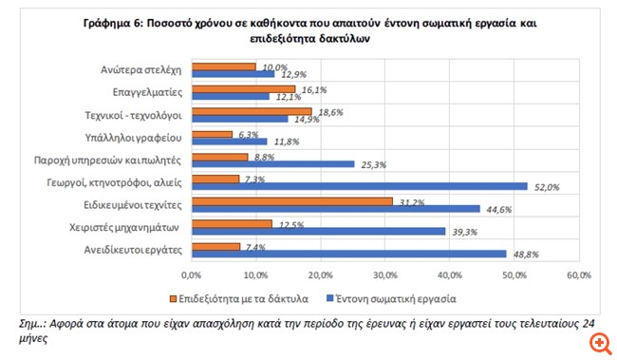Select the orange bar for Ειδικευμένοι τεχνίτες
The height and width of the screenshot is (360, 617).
(291, 200)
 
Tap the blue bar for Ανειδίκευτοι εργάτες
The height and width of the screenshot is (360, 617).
(348, 253)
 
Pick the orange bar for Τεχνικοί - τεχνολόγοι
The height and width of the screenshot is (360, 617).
(251, 112)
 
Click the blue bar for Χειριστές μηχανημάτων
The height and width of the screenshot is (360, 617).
(318, 231)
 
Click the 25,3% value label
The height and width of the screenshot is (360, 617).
(371, 164)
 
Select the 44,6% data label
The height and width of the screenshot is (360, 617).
(496, 210)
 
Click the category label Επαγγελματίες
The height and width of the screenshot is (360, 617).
(145, 93)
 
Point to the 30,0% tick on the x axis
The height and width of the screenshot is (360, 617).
(385, 275)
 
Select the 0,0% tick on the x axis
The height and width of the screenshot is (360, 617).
(192, 275)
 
